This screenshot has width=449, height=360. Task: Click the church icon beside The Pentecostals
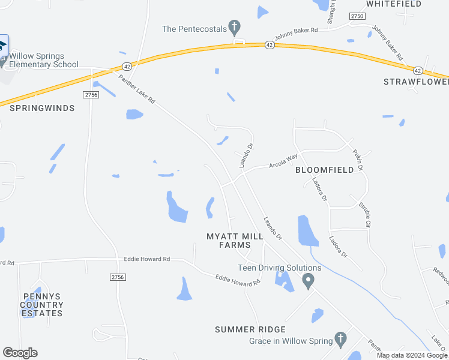point(234,27)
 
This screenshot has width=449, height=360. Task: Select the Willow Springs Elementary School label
point(44,60)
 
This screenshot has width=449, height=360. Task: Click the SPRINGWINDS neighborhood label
point(42,108)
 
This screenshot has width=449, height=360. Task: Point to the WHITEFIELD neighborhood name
point(394,4)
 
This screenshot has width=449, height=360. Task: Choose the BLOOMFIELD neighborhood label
point(325,170)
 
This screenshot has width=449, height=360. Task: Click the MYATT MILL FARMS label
point(235,241)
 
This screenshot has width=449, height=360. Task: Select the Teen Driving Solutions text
point(279,268)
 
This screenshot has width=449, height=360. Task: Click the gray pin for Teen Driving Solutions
point(309,280)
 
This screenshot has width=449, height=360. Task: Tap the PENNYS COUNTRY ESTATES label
point(41,305)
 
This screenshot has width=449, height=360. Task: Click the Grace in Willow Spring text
point(291,341)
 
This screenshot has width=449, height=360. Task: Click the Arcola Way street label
point(283,161)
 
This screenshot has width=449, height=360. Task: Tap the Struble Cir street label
point(364,214)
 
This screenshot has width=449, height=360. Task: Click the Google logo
point(20,353)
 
